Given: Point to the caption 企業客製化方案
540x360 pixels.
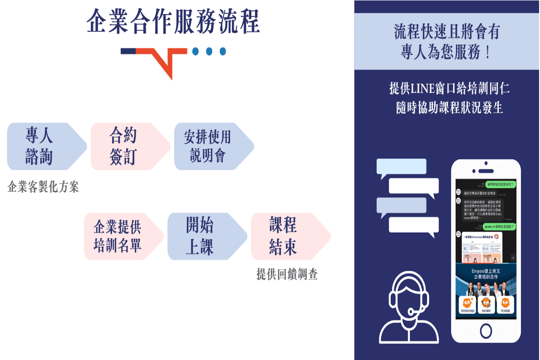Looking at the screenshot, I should click(x=43, y=187).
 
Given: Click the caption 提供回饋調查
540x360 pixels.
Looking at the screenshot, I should click(x=287, y=274).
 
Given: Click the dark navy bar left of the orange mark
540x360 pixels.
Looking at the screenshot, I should click(x=128, y=51).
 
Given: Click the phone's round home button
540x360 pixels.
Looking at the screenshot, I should click(x=486, y=330).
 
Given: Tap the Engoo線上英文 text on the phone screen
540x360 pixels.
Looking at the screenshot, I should click(x=485, y=271).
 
